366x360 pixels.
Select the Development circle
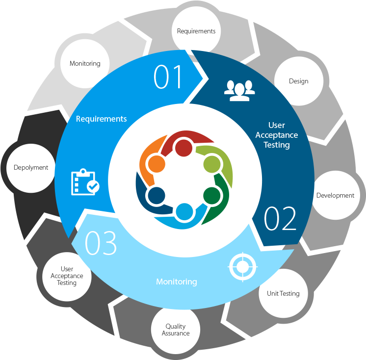(335, 195)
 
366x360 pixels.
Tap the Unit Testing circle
(283, 293)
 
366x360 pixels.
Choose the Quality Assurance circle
(176, 330)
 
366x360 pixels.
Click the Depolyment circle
(31, 167)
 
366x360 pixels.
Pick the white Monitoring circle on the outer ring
(85, 63)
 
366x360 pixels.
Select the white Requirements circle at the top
(196, 31)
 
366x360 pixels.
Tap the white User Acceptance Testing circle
(67, 276)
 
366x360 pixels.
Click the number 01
(168, 77)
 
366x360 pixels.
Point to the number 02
(280, 219)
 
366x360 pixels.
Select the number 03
(101, 243)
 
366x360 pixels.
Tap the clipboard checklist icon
(84, 182)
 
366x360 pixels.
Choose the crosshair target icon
(242, 267)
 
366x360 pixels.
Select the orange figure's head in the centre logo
(156, 163)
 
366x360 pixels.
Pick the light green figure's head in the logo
(211, 163)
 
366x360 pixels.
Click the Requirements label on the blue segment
(101, 119)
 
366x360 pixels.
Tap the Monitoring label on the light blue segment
(176, 282)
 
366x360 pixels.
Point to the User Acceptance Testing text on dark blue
(277, 135)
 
